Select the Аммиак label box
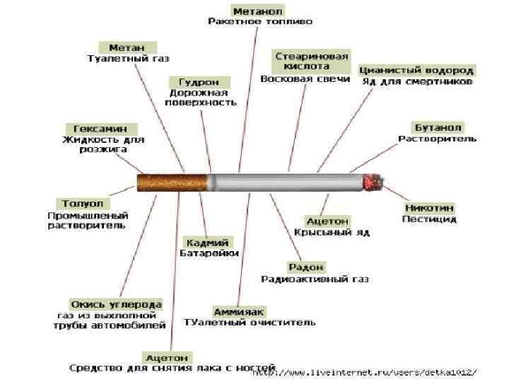tap(239, 311)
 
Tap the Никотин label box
tap(429, 208)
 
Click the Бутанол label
tap(438, 127)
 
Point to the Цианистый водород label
tap(416, 70)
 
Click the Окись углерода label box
tap(116, 304)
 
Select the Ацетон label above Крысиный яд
tap(327, 221)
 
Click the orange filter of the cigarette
tap(172, 182)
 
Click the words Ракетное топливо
tap(259, 22)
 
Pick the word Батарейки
tap(209, 253)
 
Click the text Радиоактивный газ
tap(315, 279)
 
